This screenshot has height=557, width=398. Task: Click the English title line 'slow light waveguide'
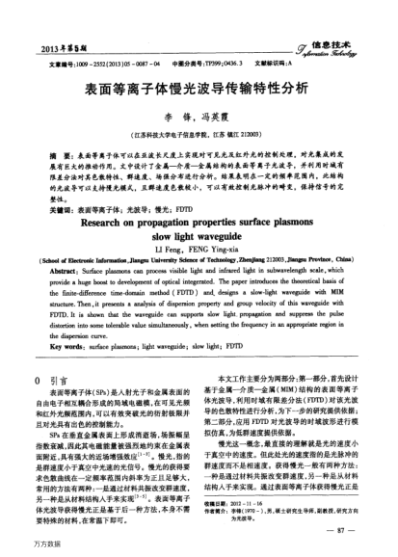[x=198, y=220]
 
